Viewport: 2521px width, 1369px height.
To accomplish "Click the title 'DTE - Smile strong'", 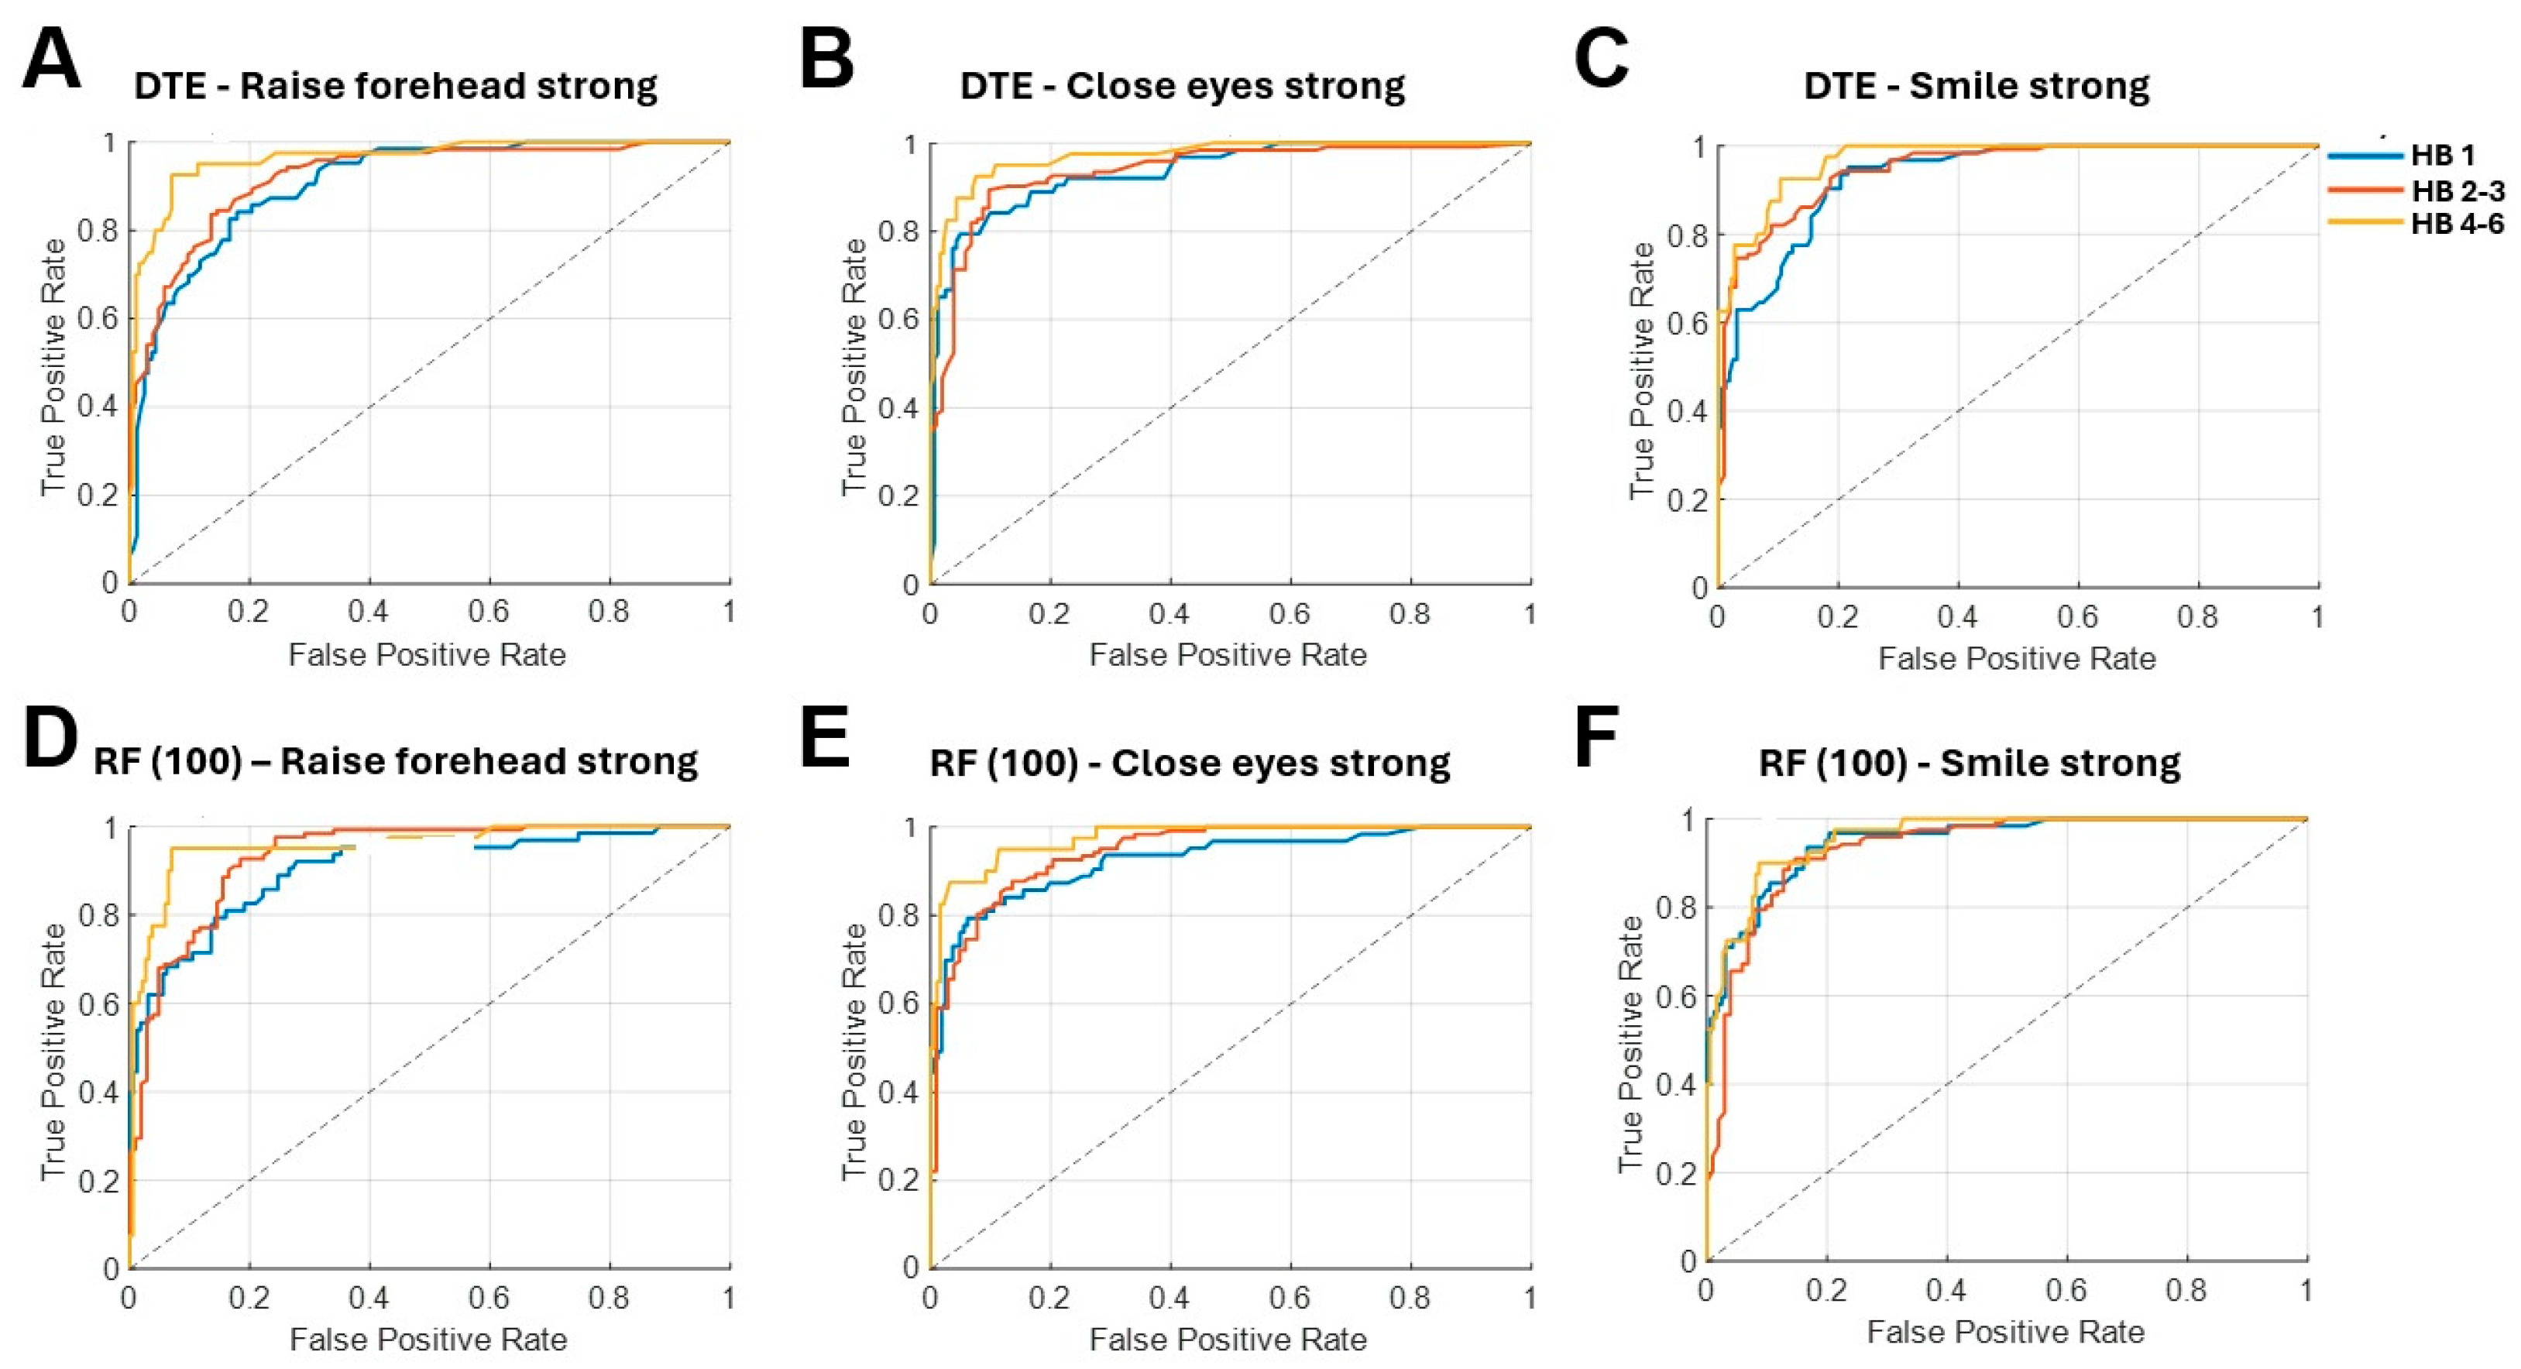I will click(x=1976, y=86).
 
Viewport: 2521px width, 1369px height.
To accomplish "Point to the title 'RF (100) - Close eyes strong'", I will click(x=1189, y=763).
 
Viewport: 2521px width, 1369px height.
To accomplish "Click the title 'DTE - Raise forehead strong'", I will click(x=395, y=86).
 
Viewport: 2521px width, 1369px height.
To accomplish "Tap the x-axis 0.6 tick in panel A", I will click(x=489, y=612).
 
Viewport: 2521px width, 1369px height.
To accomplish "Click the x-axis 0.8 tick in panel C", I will click(x=2197, y=616).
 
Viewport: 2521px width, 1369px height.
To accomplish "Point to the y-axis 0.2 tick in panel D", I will click(x=97, y=1180).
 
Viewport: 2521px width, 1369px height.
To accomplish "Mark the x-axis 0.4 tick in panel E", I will click(x=1169, y=1298).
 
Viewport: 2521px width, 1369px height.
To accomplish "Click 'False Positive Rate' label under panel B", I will click(x=1228, y=654).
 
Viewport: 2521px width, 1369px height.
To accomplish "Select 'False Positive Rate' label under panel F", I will click(x=2005, y=1332).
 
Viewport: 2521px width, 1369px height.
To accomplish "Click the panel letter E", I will click(x=824, y=741).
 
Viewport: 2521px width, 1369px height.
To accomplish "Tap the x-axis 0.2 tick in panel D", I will click(x=249, y=1298).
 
